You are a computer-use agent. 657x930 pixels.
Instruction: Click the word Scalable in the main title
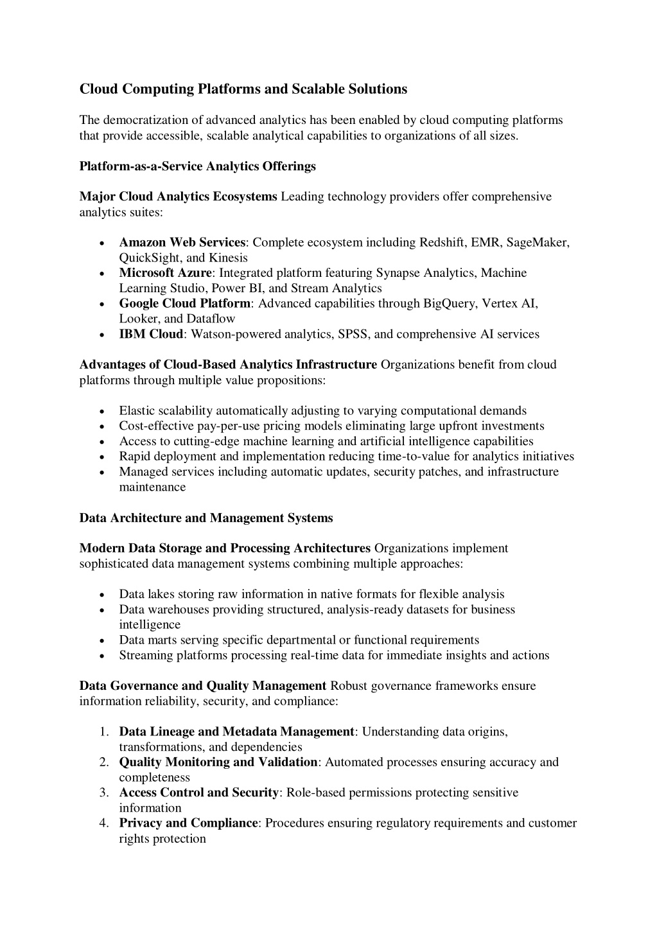319,89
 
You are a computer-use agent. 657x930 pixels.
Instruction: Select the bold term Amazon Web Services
182,243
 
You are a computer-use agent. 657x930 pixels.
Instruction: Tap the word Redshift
442,243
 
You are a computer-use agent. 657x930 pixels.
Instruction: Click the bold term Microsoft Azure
165,273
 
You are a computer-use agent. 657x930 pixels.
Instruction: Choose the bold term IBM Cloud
151,334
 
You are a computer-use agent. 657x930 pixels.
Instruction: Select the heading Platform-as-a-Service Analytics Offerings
197,166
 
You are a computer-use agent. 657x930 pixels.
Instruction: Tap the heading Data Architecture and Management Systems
206,518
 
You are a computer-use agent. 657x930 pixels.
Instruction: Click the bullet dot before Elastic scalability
103,412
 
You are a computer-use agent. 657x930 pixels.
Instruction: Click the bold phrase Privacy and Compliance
188,823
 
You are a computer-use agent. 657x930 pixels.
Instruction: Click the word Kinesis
227,258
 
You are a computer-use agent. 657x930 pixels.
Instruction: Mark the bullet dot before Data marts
103,641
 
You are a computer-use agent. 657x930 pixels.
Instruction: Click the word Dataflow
211,319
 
